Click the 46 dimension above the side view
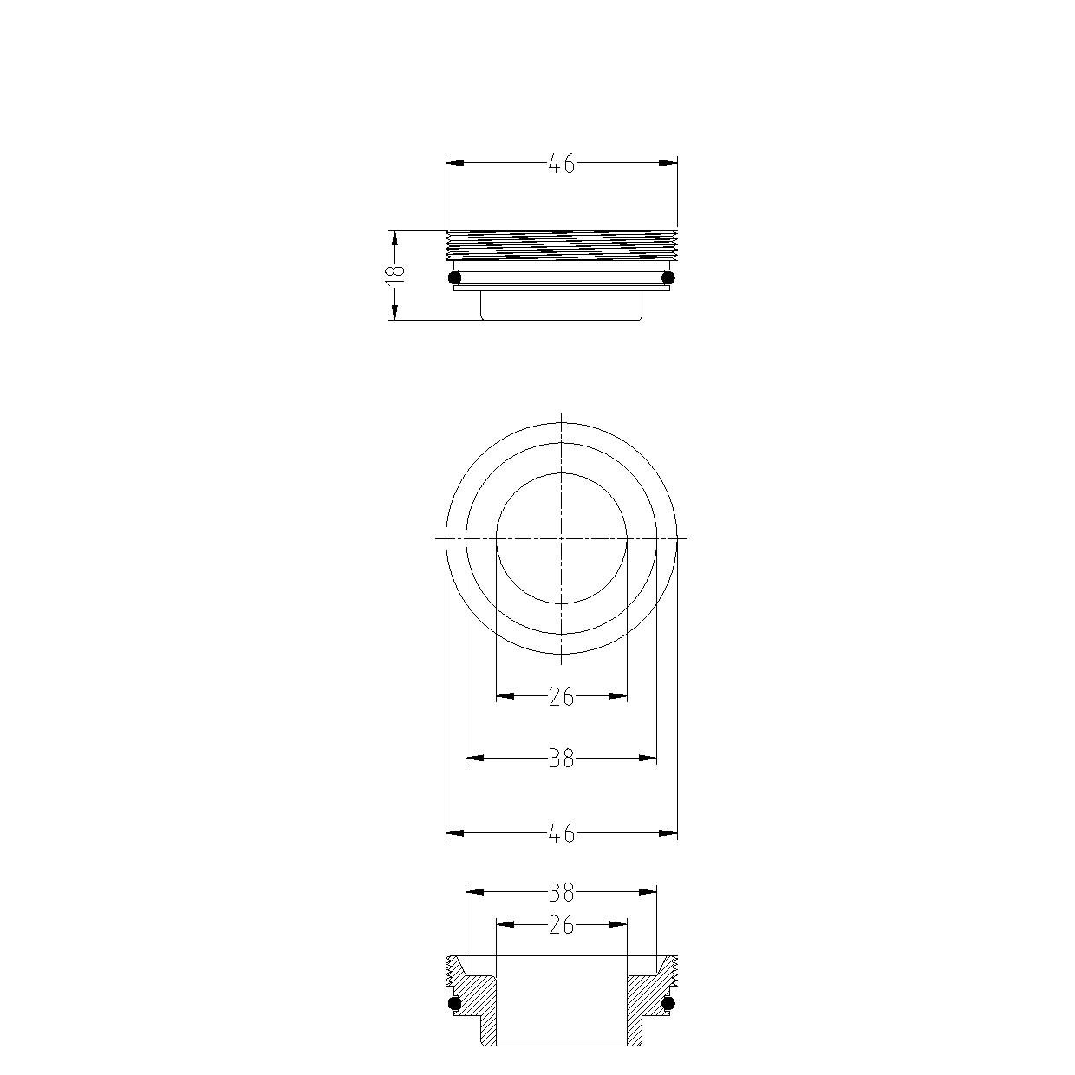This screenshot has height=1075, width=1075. coord(561,164)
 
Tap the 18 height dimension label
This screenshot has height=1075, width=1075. coord(395,275)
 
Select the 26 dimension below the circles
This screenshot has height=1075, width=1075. coord(561,697)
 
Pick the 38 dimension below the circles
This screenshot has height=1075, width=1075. coord(561,759)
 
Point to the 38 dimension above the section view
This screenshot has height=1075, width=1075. coord(561,893)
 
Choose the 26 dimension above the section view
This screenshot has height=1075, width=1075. coord(561,925)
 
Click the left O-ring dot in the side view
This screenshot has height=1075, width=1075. coord(455,277)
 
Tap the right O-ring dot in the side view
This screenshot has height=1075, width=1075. coord(668,277)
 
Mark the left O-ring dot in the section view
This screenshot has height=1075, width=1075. coord(455,1004)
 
